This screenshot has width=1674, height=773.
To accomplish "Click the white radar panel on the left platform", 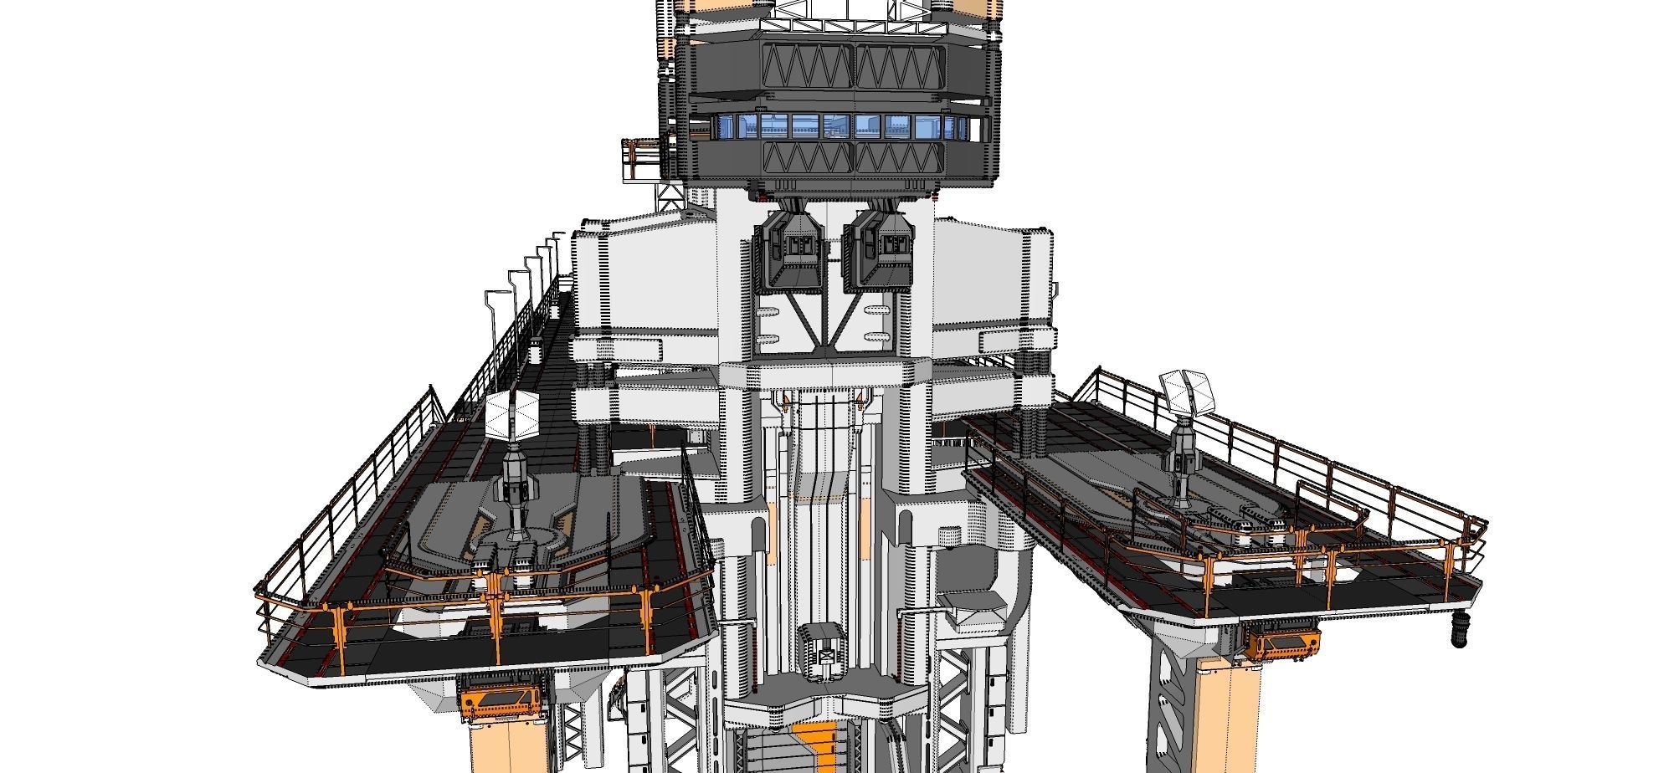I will coord(511,415).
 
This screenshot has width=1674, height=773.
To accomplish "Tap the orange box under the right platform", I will coord(1281,644).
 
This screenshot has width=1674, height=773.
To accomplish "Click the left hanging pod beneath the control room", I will coord(790,250).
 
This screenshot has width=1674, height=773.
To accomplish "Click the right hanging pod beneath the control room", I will coord(880,250).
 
